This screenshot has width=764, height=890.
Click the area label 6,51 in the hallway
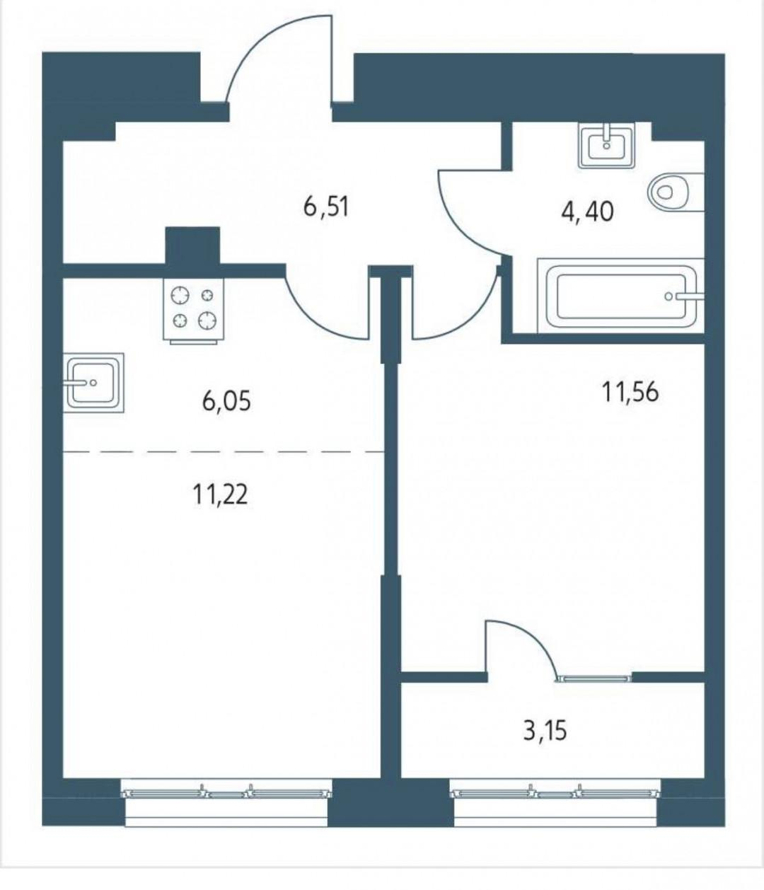[325, 207]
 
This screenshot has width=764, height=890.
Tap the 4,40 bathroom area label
[587, 212]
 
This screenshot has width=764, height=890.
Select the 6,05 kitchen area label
[226, 402]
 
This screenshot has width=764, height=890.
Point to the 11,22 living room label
[220, 495]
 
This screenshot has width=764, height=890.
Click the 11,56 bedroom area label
[630, 392]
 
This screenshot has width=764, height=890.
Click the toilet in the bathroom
[676, 192]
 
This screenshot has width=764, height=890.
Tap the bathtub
[621, 296]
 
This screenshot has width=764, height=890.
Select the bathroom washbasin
[606, 144]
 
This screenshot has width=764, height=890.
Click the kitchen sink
[93, 382]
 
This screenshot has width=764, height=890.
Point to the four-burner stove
[193, 310]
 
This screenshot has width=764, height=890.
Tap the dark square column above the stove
[192, 245]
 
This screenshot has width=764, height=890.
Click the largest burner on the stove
[180, 296]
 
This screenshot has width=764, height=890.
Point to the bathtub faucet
[685, 296]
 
